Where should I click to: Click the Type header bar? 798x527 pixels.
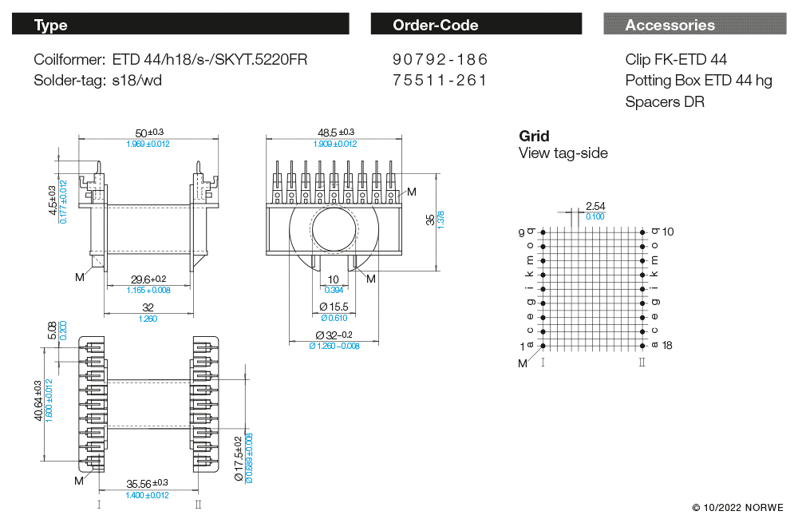tap(180, 25)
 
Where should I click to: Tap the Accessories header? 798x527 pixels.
tap(693, 25)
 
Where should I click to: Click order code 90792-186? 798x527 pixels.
tap(440, 60)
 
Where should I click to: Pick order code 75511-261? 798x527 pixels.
tap(440, 81)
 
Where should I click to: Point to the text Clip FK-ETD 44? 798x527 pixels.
tap(676, 60)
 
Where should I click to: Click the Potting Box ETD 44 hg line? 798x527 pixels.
tap(698, 81)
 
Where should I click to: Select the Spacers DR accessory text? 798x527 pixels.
tap(665, 101)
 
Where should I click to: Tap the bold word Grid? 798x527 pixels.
tap(534, 137)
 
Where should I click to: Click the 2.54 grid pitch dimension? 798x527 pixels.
tap(595, 206)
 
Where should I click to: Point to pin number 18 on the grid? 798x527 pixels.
tap(668, 346)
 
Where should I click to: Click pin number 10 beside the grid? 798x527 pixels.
tap(668, 232)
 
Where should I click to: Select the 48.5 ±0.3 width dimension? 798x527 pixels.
tap(335, 133)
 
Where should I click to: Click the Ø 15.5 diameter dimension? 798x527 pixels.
tap(334, 307)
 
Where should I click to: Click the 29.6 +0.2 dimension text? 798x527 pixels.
tap(148, 279)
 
